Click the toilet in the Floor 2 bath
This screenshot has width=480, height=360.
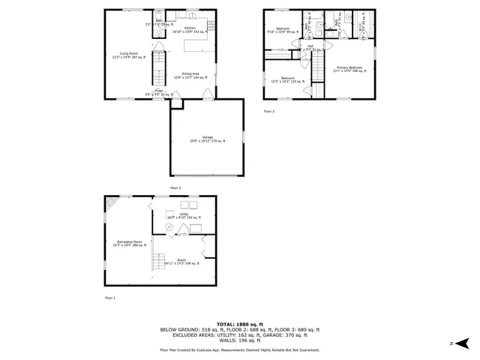[159, 15]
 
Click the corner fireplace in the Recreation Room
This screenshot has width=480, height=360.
[112, 203]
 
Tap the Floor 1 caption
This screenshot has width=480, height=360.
[110, 298]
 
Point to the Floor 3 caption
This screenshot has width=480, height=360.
[268, 111]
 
